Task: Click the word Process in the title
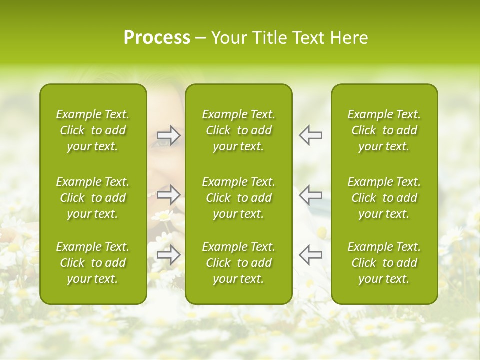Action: point(157,38)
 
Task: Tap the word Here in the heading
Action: point(349,38)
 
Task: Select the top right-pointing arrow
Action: point(168,135)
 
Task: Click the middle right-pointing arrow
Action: point(168,194)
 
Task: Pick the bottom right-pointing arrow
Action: point(168,255)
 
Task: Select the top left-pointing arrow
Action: point(310,135)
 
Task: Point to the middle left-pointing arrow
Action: point(310,194)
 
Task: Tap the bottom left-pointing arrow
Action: point(310,255)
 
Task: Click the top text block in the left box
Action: point(93,130)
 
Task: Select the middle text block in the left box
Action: point(93,198)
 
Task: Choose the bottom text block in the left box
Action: point(93,263)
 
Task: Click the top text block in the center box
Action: point(238,130)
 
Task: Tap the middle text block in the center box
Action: point(238,198)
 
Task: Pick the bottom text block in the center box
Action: point(238,263)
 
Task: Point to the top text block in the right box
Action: point(384,130)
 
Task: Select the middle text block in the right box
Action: point(384,198)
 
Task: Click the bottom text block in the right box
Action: point(384,263)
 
